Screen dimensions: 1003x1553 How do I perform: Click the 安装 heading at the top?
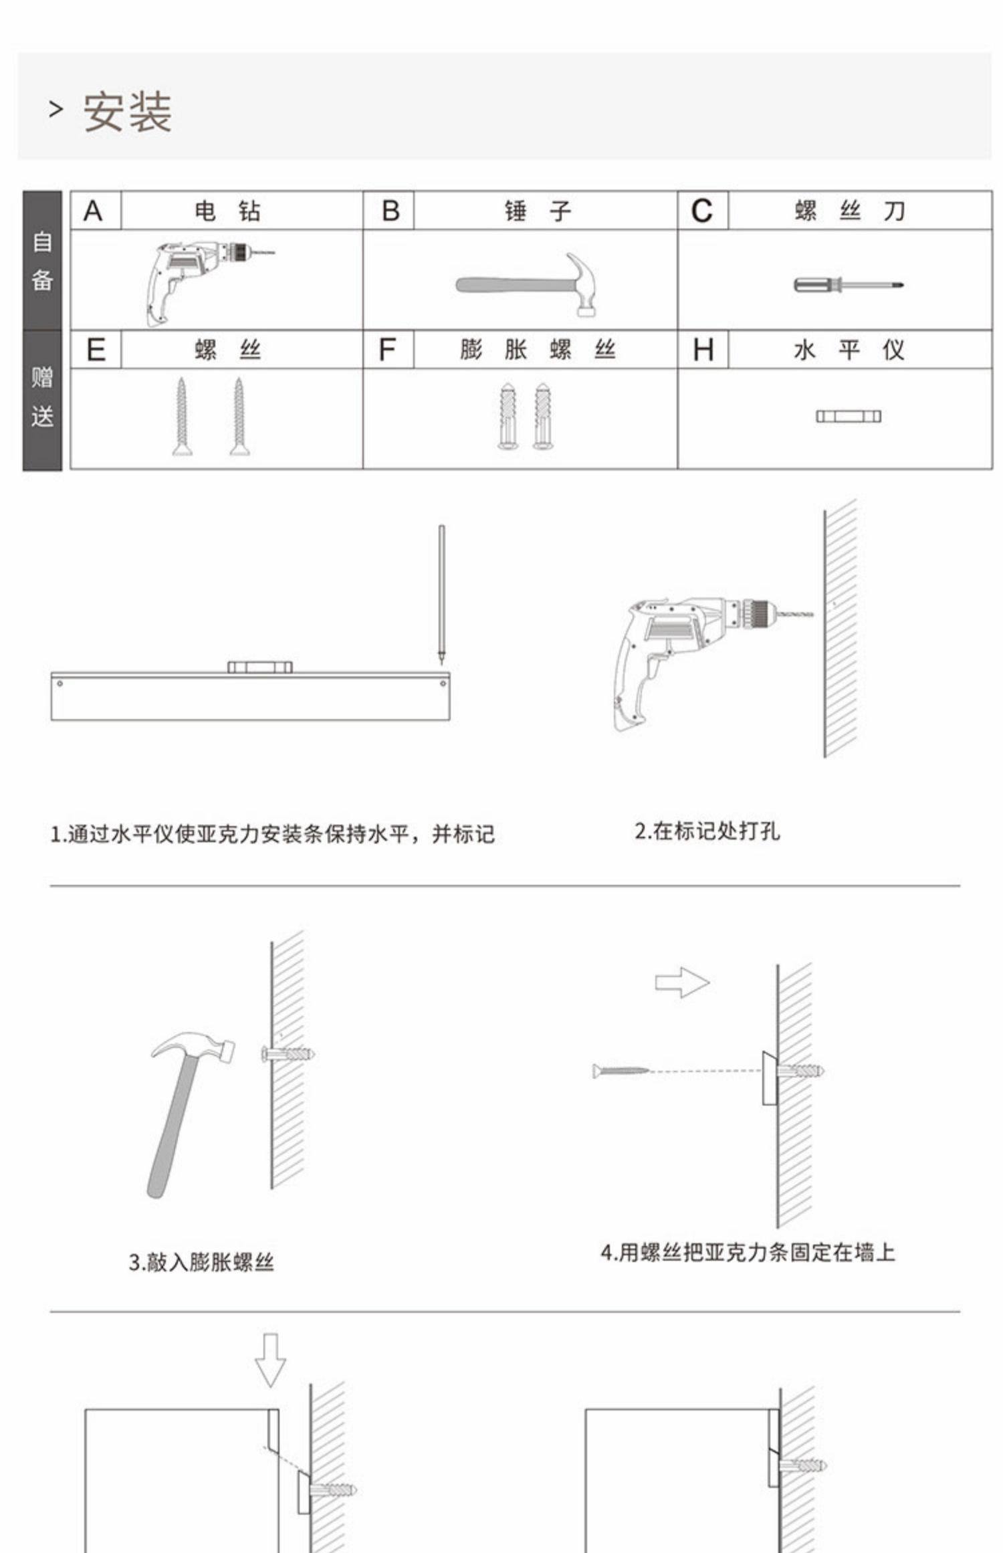point(127,112)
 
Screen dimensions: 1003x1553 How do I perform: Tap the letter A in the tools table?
point(94,211)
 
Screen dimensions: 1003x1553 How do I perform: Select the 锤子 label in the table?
point(538,211)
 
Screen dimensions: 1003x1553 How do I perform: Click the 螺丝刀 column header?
point(849,211)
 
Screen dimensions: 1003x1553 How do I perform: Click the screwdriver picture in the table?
point(848,285)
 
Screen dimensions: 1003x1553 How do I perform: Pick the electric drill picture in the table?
point(201,281)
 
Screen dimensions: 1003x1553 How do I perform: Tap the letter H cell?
point(703,350)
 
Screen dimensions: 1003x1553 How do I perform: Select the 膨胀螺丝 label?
point(538,350)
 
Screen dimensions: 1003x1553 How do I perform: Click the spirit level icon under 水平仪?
point(848,417)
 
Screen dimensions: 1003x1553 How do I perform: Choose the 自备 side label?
point(42,261)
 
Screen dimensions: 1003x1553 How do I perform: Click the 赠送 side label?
point(42,398)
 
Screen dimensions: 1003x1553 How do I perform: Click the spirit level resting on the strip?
point(259,667)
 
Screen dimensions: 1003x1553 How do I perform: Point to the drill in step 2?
point(695,655)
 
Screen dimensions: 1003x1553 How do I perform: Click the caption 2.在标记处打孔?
point(707,831)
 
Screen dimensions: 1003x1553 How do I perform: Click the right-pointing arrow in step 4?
point(681,982)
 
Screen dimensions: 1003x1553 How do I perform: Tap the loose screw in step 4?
point(621,1071)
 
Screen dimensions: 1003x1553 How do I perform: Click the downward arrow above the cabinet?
point(271,1360)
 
